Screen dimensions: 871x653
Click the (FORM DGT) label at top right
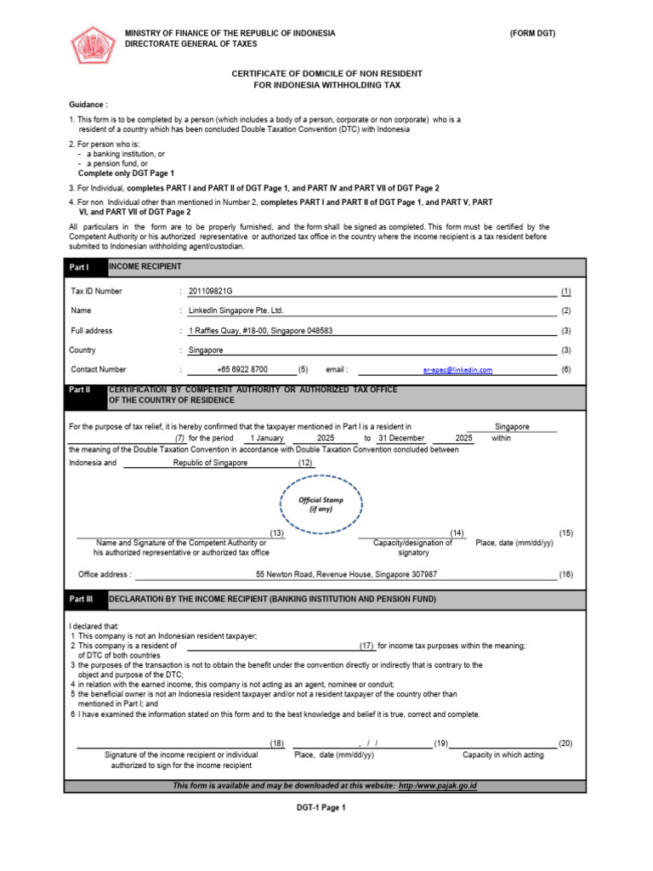[x=532, y=33]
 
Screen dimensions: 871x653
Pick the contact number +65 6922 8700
[x=241, y=370]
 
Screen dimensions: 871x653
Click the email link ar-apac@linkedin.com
[x=457, y=370]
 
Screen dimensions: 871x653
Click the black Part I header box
[x=87, y=267]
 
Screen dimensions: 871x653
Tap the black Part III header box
[x=87, y=600]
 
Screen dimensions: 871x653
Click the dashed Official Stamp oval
[x=321, y=504]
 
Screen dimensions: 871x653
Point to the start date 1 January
[x=259, y=438]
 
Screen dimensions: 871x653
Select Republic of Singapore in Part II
[x=210, y=463]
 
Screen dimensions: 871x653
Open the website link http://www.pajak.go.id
[x=437, y=785]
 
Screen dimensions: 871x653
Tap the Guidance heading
[x=88, y=104]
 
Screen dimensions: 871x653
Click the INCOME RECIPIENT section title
[x=145, y=267]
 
